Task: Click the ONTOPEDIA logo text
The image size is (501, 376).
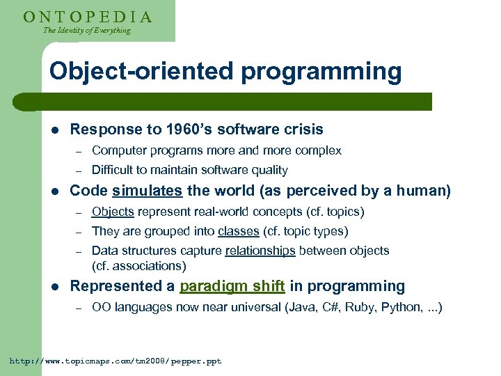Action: (87, 17)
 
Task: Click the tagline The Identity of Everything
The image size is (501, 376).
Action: (86, 31)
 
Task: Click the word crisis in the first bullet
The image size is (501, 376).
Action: (302, 130)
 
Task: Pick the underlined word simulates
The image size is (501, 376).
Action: (147, 191)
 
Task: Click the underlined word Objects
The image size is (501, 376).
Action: (113, 212)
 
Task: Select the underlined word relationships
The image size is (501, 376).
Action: (260, 251)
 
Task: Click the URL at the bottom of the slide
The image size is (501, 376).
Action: (115, 361)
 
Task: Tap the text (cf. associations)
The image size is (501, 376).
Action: (138, 266)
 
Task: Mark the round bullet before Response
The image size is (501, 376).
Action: (55, 130)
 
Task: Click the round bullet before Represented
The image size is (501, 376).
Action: (55, 287)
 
